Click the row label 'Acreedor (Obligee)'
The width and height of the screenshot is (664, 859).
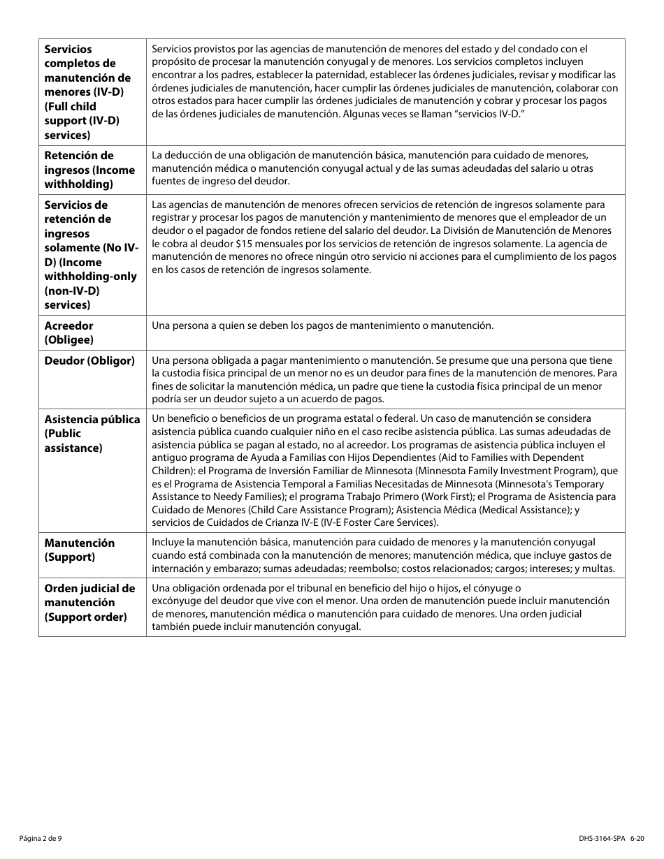[68, 332]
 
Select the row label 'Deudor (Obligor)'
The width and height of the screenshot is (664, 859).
[89, 361]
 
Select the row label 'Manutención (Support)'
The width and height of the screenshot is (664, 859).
[80, 550]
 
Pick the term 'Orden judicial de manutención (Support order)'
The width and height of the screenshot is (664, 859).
[89, 602]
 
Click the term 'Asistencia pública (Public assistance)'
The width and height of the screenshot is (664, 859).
[92, 433]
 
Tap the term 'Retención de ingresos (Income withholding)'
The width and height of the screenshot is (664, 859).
[89, 170]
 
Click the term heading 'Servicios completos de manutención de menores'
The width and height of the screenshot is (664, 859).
[87, 78]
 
